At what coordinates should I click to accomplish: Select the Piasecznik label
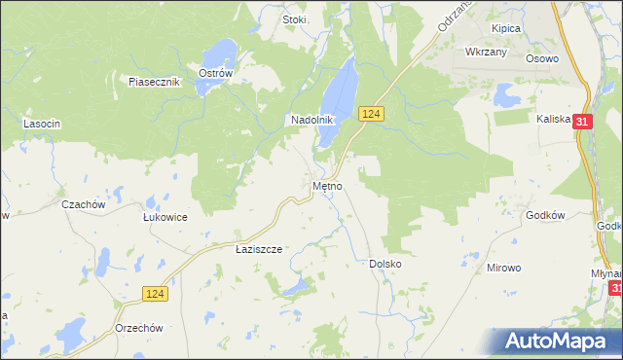[155, 82]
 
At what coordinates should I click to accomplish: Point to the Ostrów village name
[215, 73]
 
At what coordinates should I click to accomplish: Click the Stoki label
[294, 19]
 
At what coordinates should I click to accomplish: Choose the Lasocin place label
[42, 124]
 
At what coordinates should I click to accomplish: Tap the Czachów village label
[83, 204]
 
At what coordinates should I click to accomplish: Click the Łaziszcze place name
[259, 249]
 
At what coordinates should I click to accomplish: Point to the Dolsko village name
[385, 264]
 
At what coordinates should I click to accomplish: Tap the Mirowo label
[504, 266]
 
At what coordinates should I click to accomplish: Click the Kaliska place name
[552, 119]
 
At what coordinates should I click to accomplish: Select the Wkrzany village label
[487, 52]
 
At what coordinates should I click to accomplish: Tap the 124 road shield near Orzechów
[154, 292]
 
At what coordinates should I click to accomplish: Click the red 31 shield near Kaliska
[581, 122]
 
